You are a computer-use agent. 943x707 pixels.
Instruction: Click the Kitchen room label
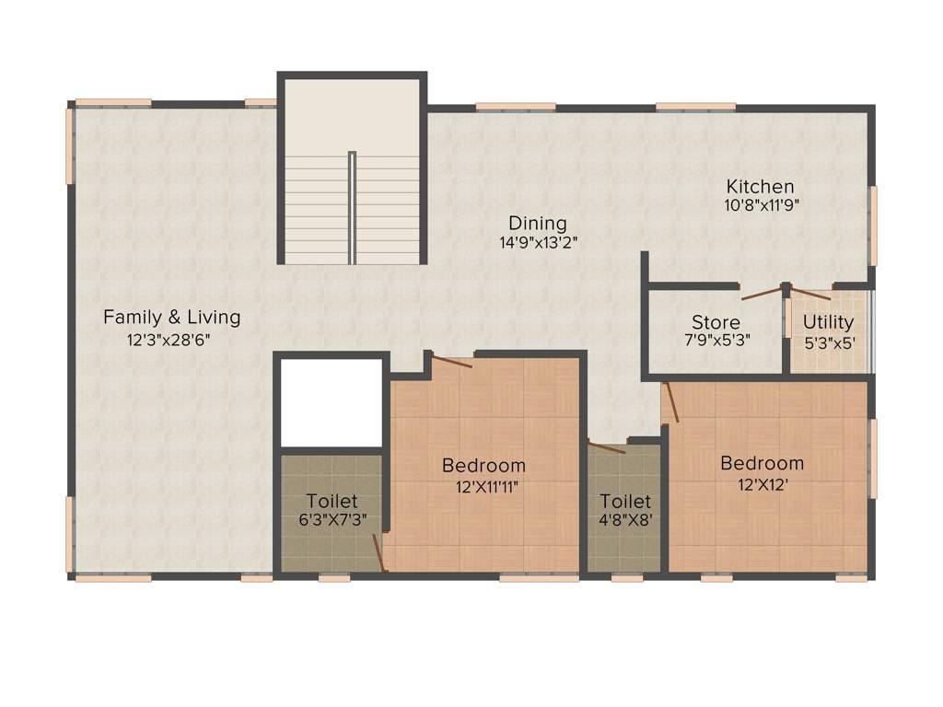point(760,187)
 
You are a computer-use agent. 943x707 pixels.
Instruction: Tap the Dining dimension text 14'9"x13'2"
point(538,243)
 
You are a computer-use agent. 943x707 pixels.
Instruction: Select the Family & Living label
point(171,318)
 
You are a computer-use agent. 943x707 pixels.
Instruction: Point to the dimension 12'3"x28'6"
point(171,339)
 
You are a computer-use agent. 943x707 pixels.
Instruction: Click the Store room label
point(716,323)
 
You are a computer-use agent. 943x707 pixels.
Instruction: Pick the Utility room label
point(828,322)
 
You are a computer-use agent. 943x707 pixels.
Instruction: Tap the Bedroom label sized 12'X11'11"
point(483,466)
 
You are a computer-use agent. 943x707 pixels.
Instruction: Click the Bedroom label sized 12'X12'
point(762,463)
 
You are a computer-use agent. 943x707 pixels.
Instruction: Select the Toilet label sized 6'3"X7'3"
point(332,502)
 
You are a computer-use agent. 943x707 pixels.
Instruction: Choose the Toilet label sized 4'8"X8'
point(625,502)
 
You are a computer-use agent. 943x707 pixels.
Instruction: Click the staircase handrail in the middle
point(352,207)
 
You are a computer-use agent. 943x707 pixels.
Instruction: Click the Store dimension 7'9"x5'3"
point(716,339)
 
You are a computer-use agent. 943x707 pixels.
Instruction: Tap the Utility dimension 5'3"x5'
point(828,339)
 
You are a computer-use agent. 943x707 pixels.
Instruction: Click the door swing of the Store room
point(762,294)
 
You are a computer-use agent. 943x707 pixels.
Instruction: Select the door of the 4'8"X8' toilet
point(608,448)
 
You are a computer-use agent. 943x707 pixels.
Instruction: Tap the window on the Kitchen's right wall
point(873,225)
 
